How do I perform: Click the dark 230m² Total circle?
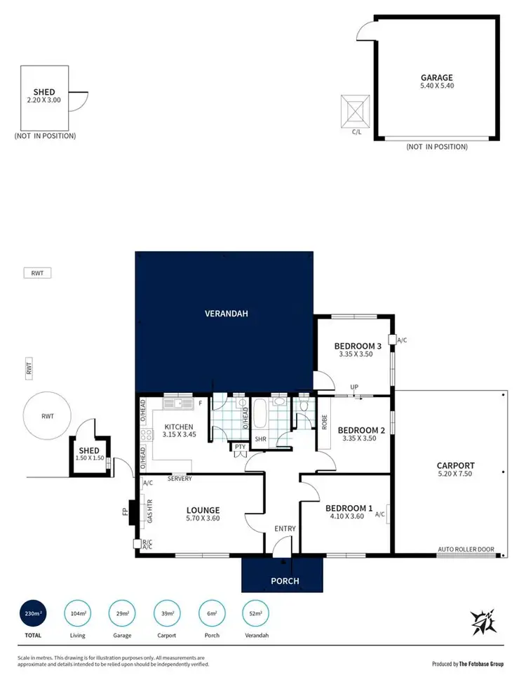pos(30,614)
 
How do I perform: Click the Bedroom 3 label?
pos(357,346)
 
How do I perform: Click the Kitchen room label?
pos(179,427)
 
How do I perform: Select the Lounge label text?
pos(203,510)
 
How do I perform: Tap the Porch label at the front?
pos(285,580)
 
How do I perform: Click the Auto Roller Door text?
pos(465,549)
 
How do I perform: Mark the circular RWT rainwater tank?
pos(47,416)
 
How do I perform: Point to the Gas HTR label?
pos(148,511)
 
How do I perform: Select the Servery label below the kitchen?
pos(180,479)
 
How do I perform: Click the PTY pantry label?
pos(239,446)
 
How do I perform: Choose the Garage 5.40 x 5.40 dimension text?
pos(436,87)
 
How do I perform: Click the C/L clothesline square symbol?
pos(356,109)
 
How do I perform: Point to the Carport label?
pos(455,465)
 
